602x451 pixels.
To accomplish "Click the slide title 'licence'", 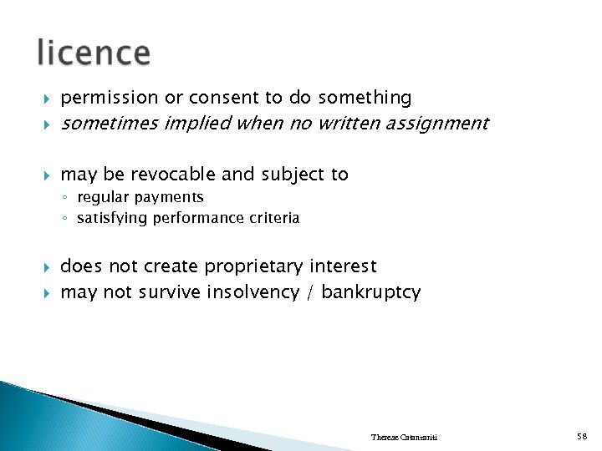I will [94, 53].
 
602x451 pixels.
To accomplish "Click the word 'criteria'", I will [271, 218].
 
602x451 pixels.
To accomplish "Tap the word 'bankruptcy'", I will [371, 292].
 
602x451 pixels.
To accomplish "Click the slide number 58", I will [582, 437].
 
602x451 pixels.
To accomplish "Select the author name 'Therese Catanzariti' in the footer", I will [404, 438].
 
